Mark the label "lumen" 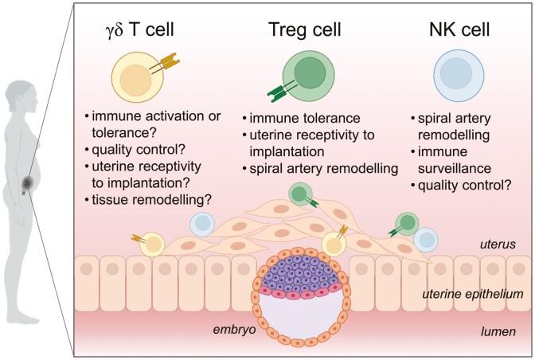click(x=505, y=329)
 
